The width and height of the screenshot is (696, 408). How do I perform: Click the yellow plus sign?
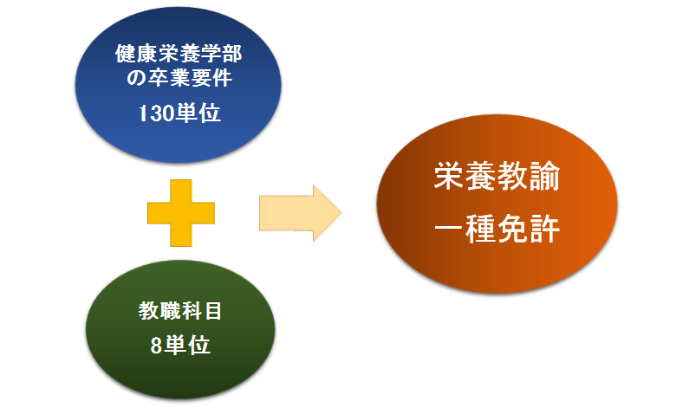coord(181,213)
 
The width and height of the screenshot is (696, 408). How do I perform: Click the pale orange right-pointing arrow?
coord(300,213)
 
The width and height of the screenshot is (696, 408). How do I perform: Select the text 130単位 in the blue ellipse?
coord(179,113)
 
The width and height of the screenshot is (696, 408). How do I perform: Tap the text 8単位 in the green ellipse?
coord(180,345)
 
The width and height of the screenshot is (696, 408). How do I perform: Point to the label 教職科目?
coord(179,310)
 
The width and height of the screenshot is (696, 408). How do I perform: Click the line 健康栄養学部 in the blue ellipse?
coord(179,54)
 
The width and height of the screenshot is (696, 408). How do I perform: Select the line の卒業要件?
coord(179,78)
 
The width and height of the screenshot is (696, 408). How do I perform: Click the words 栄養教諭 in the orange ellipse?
coord(497,176)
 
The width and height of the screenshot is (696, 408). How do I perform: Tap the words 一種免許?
coord(497,229)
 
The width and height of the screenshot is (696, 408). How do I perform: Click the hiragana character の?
coord(136,79)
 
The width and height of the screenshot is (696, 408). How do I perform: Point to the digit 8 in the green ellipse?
coord(156,346)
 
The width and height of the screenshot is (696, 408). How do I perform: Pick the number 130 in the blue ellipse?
coord(155,113)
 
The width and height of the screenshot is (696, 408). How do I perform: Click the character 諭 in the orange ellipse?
coord(544,176)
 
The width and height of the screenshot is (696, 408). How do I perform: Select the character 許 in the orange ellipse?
coord(544,229)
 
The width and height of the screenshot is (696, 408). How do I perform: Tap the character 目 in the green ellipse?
coord(213,310)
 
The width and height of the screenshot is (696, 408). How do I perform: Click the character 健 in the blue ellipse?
coord(125,54)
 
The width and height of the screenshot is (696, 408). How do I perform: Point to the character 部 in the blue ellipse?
coord(232,54)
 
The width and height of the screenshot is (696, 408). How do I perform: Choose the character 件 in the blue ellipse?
coord(223,78)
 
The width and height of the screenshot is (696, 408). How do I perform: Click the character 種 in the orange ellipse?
coord(481,229)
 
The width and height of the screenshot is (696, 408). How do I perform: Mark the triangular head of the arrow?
coord(327,213)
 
